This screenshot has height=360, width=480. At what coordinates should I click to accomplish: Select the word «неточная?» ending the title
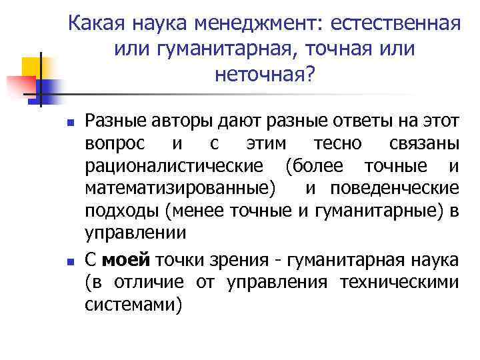coord(264,74)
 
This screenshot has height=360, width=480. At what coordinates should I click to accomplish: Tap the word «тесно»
coord(337,144)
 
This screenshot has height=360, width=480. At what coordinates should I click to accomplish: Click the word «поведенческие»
coord(398,189)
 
